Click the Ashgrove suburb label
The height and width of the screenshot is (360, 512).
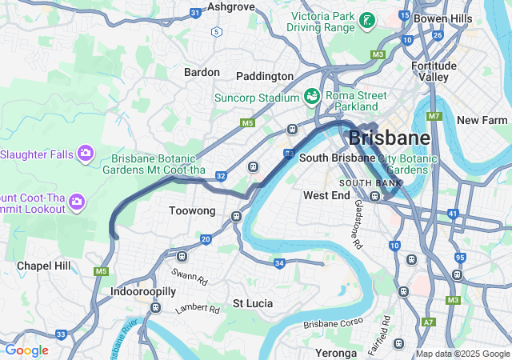[x=230, y=6]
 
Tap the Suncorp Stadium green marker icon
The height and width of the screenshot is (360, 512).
[x=312, y=97]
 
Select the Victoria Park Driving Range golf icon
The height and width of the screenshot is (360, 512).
[x=366, y=21]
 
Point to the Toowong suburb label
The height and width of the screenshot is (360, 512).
[x=193, y=211]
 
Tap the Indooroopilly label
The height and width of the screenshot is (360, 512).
[x=142, y=293]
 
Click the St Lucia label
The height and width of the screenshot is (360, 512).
[x=253, y=304]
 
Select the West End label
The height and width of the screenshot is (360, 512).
[x=326, y=195]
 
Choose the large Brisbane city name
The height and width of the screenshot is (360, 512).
[x=390, y=138]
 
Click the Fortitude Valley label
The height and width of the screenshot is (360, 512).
[x=434, y=71]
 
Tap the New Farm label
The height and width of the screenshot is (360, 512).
[x=482, y=120]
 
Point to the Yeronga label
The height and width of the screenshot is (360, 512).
[x=336, y=353]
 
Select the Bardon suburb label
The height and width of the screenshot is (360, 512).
[x=202, y=72]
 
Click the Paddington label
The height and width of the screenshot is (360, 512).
[x=265, y=76]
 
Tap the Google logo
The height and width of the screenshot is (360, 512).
[x=26, y=350]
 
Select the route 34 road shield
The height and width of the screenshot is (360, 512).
[x=279, y=263]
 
